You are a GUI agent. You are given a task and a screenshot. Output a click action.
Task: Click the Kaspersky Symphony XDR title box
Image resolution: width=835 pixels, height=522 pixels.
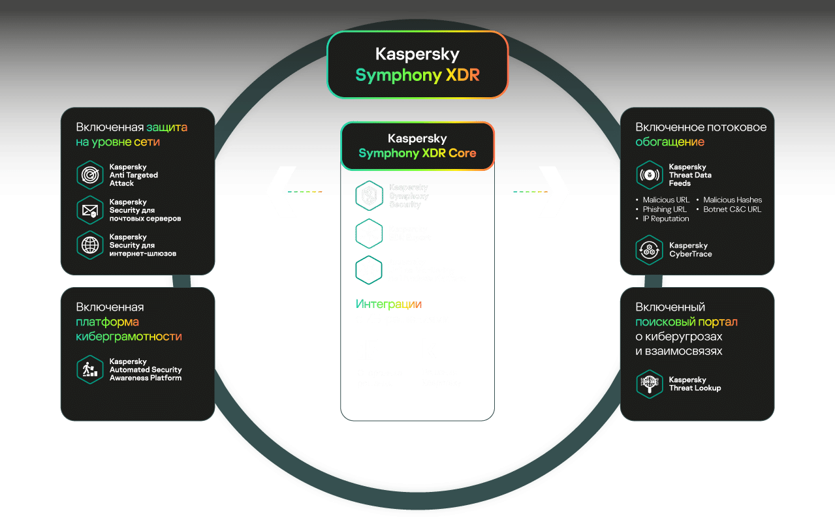(417, 65)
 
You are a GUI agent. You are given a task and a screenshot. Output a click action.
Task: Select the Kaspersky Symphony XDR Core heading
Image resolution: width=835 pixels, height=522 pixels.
(417, 146)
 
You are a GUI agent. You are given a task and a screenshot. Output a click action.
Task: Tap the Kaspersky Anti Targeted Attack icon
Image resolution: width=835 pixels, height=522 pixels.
(90, 175)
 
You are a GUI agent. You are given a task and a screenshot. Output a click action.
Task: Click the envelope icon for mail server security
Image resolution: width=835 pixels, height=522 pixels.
(90, 210)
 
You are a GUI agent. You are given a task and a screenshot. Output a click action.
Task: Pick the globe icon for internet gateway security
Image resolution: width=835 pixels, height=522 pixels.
(90, 245)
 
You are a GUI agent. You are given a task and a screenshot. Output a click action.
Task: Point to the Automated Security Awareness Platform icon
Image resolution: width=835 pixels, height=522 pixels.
(90, 369)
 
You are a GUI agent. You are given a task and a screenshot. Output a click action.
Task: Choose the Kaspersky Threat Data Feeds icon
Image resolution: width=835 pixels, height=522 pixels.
(650, 175)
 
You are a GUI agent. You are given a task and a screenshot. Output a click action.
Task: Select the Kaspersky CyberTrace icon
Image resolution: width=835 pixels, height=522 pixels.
(650, 250)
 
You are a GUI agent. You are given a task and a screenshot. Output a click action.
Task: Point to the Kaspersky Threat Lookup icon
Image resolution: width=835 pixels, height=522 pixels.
(650, 384)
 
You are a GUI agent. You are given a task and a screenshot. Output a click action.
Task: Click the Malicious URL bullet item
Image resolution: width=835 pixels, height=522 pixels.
(665, 200)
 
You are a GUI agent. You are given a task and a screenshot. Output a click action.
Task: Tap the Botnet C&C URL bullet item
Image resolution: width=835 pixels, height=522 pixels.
(732, 209)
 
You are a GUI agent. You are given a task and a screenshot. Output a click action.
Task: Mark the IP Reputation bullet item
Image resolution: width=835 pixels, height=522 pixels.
(665, 219)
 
